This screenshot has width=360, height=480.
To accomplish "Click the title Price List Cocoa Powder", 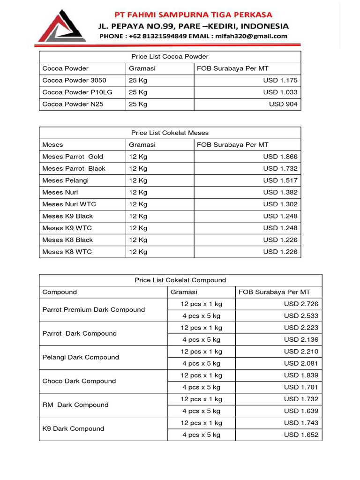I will (170, 56).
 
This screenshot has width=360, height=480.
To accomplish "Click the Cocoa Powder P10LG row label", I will (77, 92).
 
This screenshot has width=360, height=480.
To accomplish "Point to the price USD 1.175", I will (280, 80).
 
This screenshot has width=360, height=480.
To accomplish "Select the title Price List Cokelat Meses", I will (170, 133).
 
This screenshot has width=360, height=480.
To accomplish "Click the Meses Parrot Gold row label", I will (73, 157).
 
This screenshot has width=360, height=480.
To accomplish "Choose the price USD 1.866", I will (280, 157).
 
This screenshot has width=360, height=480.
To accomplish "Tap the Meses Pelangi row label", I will (65, 180).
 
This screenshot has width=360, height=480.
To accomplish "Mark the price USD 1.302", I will (280, 204).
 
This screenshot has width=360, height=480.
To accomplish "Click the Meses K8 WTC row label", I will (67, 252).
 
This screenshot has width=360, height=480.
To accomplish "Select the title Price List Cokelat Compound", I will (180, 280).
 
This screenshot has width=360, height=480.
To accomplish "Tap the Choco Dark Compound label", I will (79, 381).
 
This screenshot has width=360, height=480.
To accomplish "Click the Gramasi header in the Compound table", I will (184, 292).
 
